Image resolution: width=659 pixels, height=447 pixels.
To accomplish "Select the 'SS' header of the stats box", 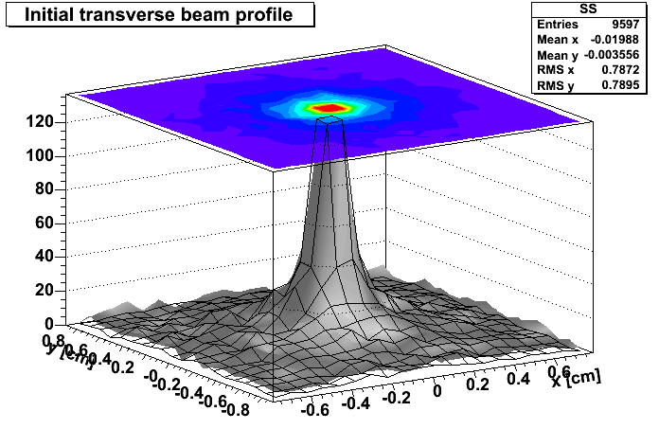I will pyautogui.click(x=591, y=9).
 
